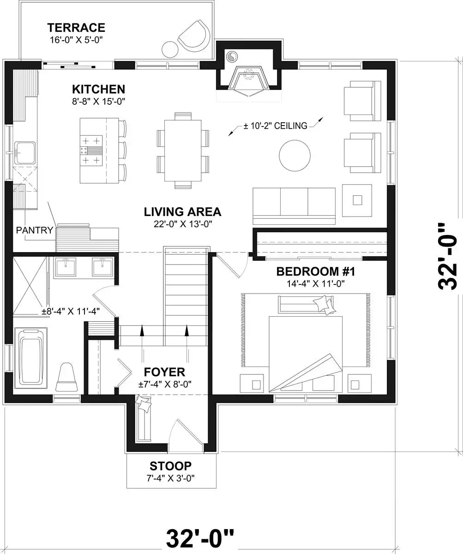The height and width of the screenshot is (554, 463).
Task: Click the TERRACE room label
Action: (x=76, y=28)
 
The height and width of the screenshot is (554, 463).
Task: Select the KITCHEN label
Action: (x=99, y=90)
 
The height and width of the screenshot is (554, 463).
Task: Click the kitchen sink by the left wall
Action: (x=25, y=153)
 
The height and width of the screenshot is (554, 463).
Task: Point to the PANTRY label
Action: (x=35, y=230)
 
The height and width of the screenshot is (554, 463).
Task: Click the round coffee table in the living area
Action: (x=295, y=156)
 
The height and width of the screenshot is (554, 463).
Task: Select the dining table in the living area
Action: (x=183, y=151)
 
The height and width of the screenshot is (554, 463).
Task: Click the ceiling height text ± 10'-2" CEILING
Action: (x=276, y=126)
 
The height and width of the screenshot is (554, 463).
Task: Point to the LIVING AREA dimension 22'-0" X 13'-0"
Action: (x=183, y=224)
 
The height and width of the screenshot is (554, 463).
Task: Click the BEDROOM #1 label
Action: (x=315, y=271)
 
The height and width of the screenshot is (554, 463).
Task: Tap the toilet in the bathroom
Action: (x=67, y=377)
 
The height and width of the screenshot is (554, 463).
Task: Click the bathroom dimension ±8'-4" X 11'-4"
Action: (x=71, y=311)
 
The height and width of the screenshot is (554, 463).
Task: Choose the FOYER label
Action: (x=164, y=372)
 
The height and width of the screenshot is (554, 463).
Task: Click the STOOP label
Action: (x=171, y=466)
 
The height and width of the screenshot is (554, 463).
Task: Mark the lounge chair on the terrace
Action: (x=194, y=37)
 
